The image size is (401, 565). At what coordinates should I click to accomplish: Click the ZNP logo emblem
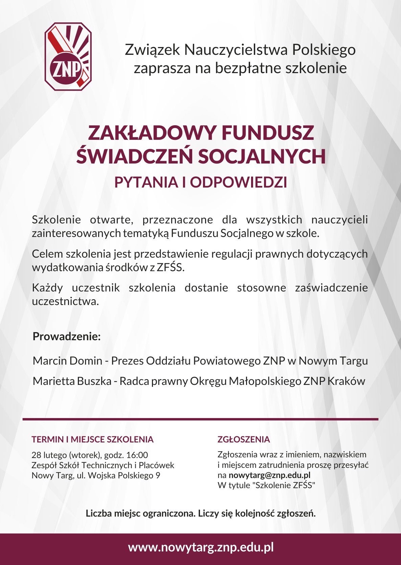coord(68,57)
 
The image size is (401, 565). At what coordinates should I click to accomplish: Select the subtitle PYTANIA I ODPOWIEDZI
coord(201,182)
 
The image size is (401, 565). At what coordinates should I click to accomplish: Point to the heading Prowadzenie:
coord(67,336)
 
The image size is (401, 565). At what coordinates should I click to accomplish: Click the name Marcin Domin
coord(67,361)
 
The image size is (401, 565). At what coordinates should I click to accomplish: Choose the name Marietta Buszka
coord(72,381)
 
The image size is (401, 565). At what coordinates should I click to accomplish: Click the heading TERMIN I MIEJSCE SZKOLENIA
coord(92,439)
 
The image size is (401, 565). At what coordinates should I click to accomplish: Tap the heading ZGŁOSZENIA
coord(244,439)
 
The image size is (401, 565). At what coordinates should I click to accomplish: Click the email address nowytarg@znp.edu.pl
coord(269,475)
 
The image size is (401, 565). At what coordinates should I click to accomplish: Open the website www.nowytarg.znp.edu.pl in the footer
coord(201,547)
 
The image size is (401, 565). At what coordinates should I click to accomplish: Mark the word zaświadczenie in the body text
coord(331,288)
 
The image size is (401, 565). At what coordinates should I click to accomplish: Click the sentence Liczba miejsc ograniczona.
coord(141,513)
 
